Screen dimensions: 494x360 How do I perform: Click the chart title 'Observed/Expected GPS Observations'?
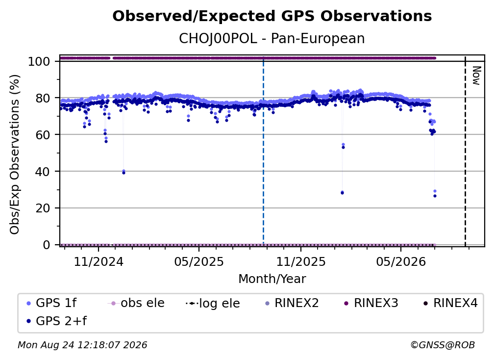coord(272,16)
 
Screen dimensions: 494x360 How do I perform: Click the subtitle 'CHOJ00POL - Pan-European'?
coord(272,39)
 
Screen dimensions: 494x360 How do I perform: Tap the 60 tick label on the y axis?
coord(43,135)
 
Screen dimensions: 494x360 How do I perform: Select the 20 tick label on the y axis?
coord(43,208)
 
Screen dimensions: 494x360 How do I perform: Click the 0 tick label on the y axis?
coord(47,245)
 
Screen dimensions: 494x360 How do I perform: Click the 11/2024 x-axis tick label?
coord(99,261)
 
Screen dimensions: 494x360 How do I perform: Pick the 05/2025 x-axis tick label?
coord(199,261)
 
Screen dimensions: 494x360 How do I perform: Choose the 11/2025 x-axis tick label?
coord(301,261)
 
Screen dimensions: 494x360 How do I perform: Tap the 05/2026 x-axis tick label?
coord(401,261)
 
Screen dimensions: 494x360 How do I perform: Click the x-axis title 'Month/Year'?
coord(272,279)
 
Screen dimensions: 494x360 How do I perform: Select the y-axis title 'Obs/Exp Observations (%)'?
coord(15,154)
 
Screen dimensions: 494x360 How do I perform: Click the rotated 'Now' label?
coord(476,76)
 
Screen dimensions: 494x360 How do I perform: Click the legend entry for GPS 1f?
coord(51,303)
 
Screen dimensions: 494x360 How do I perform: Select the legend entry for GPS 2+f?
coord(56,321)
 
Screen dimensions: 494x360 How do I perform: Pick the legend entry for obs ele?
coord(136,303)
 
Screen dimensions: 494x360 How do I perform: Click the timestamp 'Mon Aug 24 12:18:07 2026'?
coord(82,345)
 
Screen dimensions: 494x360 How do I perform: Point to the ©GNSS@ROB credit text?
coord(443,345)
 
